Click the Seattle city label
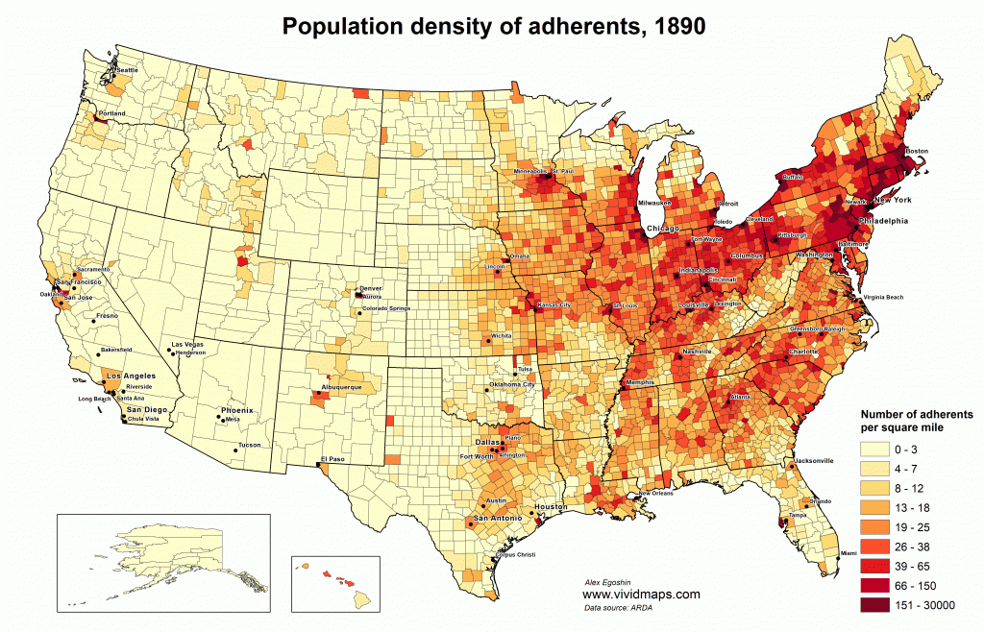[126, 70]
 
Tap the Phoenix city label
[236, 410]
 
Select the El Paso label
[332, 458]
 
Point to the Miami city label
[848, 553]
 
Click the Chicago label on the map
[662, 228]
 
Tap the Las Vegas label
[187, 344]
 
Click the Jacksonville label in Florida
[814, 459]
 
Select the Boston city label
[917, 151]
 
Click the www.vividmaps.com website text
[641, 595]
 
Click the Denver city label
[369, 288]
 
